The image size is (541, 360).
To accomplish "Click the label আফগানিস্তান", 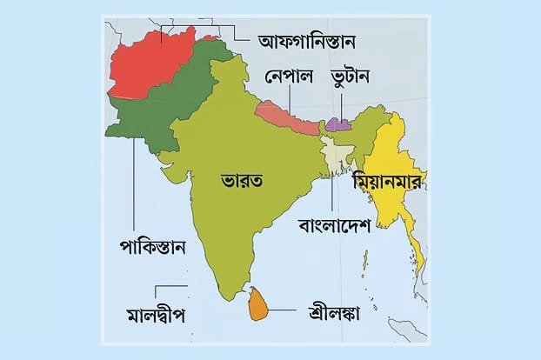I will pos(310,40).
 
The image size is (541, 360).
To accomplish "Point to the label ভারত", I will pos(242,180).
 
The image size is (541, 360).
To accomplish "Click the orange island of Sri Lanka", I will pos(257,305).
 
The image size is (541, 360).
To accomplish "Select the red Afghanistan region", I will pos(148,65).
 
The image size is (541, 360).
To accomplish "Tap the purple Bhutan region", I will pos(338,123).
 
